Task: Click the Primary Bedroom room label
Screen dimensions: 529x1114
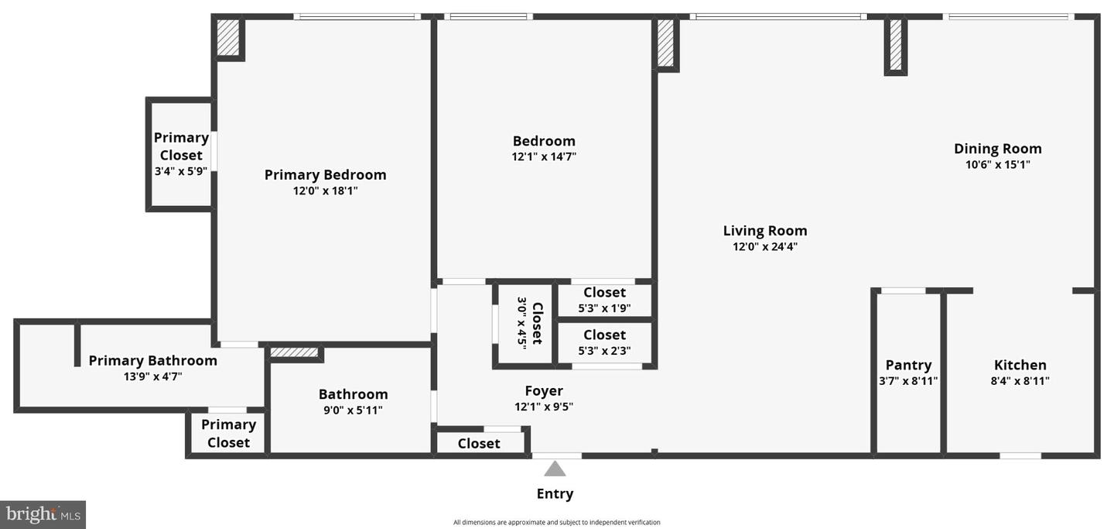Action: coord(325,175)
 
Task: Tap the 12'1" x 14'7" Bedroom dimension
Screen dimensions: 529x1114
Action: coord(544,156)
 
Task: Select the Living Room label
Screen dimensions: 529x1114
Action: coord(765,231)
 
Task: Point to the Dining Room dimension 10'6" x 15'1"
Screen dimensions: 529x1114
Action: coord(997,164)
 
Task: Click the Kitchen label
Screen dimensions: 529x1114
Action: coord(1020,365)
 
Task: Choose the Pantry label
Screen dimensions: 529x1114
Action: coord(908,365)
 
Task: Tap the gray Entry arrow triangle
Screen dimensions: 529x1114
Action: coord(555,469)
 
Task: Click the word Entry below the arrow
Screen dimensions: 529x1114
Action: coord(555,494)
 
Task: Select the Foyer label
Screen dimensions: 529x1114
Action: coord(544,391)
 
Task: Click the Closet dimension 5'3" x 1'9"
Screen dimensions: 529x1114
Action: coord(604,308)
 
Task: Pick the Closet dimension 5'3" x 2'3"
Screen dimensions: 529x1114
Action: coord(604,351)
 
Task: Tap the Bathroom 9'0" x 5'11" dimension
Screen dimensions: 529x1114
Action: coord(353,410)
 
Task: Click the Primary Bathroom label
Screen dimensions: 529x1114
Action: coord(152,360)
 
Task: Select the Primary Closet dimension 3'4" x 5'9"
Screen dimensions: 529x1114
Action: coord(181,171)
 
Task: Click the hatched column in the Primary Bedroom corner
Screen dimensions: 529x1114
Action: coord(227,37)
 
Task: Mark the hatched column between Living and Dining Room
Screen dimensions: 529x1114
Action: coord(896,45)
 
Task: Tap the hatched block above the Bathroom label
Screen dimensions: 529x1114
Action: coord(294,352)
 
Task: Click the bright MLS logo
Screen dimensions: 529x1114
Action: coord(43,514)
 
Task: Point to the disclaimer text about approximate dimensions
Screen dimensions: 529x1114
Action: coord(556,522)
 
